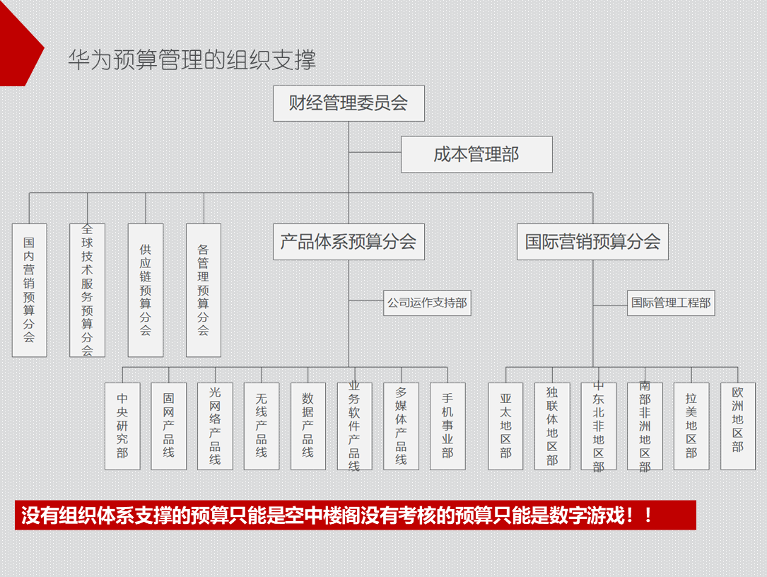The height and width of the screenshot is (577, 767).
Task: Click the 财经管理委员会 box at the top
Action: tap(349, 103)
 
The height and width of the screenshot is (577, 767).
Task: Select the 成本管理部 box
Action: tap(476, 154)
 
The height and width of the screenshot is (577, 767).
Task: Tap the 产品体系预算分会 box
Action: tap(349, 242)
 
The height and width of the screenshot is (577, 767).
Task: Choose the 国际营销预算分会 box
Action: tap(592, 242)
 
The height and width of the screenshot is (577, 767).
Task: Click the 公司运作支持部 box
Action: tap(427, 303)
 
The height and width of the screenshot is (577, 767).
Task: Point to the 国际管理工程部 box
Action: tap(671, 303)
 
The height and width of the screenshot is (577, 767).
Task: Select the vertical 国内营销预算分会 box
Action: tap(29, 290)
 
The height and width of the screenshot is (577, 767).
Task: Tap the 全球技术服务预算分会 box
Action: tap(87, 290)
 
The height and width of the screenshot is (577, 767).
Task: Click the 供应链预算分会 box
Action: tap(146, 290)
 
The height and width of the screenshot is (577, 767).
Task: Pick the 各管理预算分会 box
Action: tap(204, 290)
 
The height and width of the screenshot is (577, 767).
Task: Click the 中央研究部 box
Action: tap(122, 426)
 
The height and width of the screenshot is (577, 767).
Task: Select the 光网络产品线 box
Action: tap(215, 426)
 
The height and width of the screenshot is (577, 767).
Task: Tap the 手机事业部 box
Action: tap(447, 426)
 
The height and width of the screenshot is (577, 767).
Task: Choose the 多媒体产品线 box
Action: tap(401, 426)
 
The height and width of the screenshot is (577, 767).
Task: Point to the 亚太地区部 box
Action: tap(506, 426)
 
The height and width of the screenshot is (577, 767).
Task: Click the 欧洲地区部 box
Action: tap(738, 426)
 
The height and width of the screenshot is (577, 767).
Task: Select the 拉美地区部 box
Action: tap(691, 426)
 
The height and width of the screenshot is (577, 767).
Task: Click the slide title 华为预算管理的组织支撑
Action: tap(192, 59)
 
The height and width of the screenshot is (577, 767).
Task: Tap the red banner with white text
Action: tap(355, 515)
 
